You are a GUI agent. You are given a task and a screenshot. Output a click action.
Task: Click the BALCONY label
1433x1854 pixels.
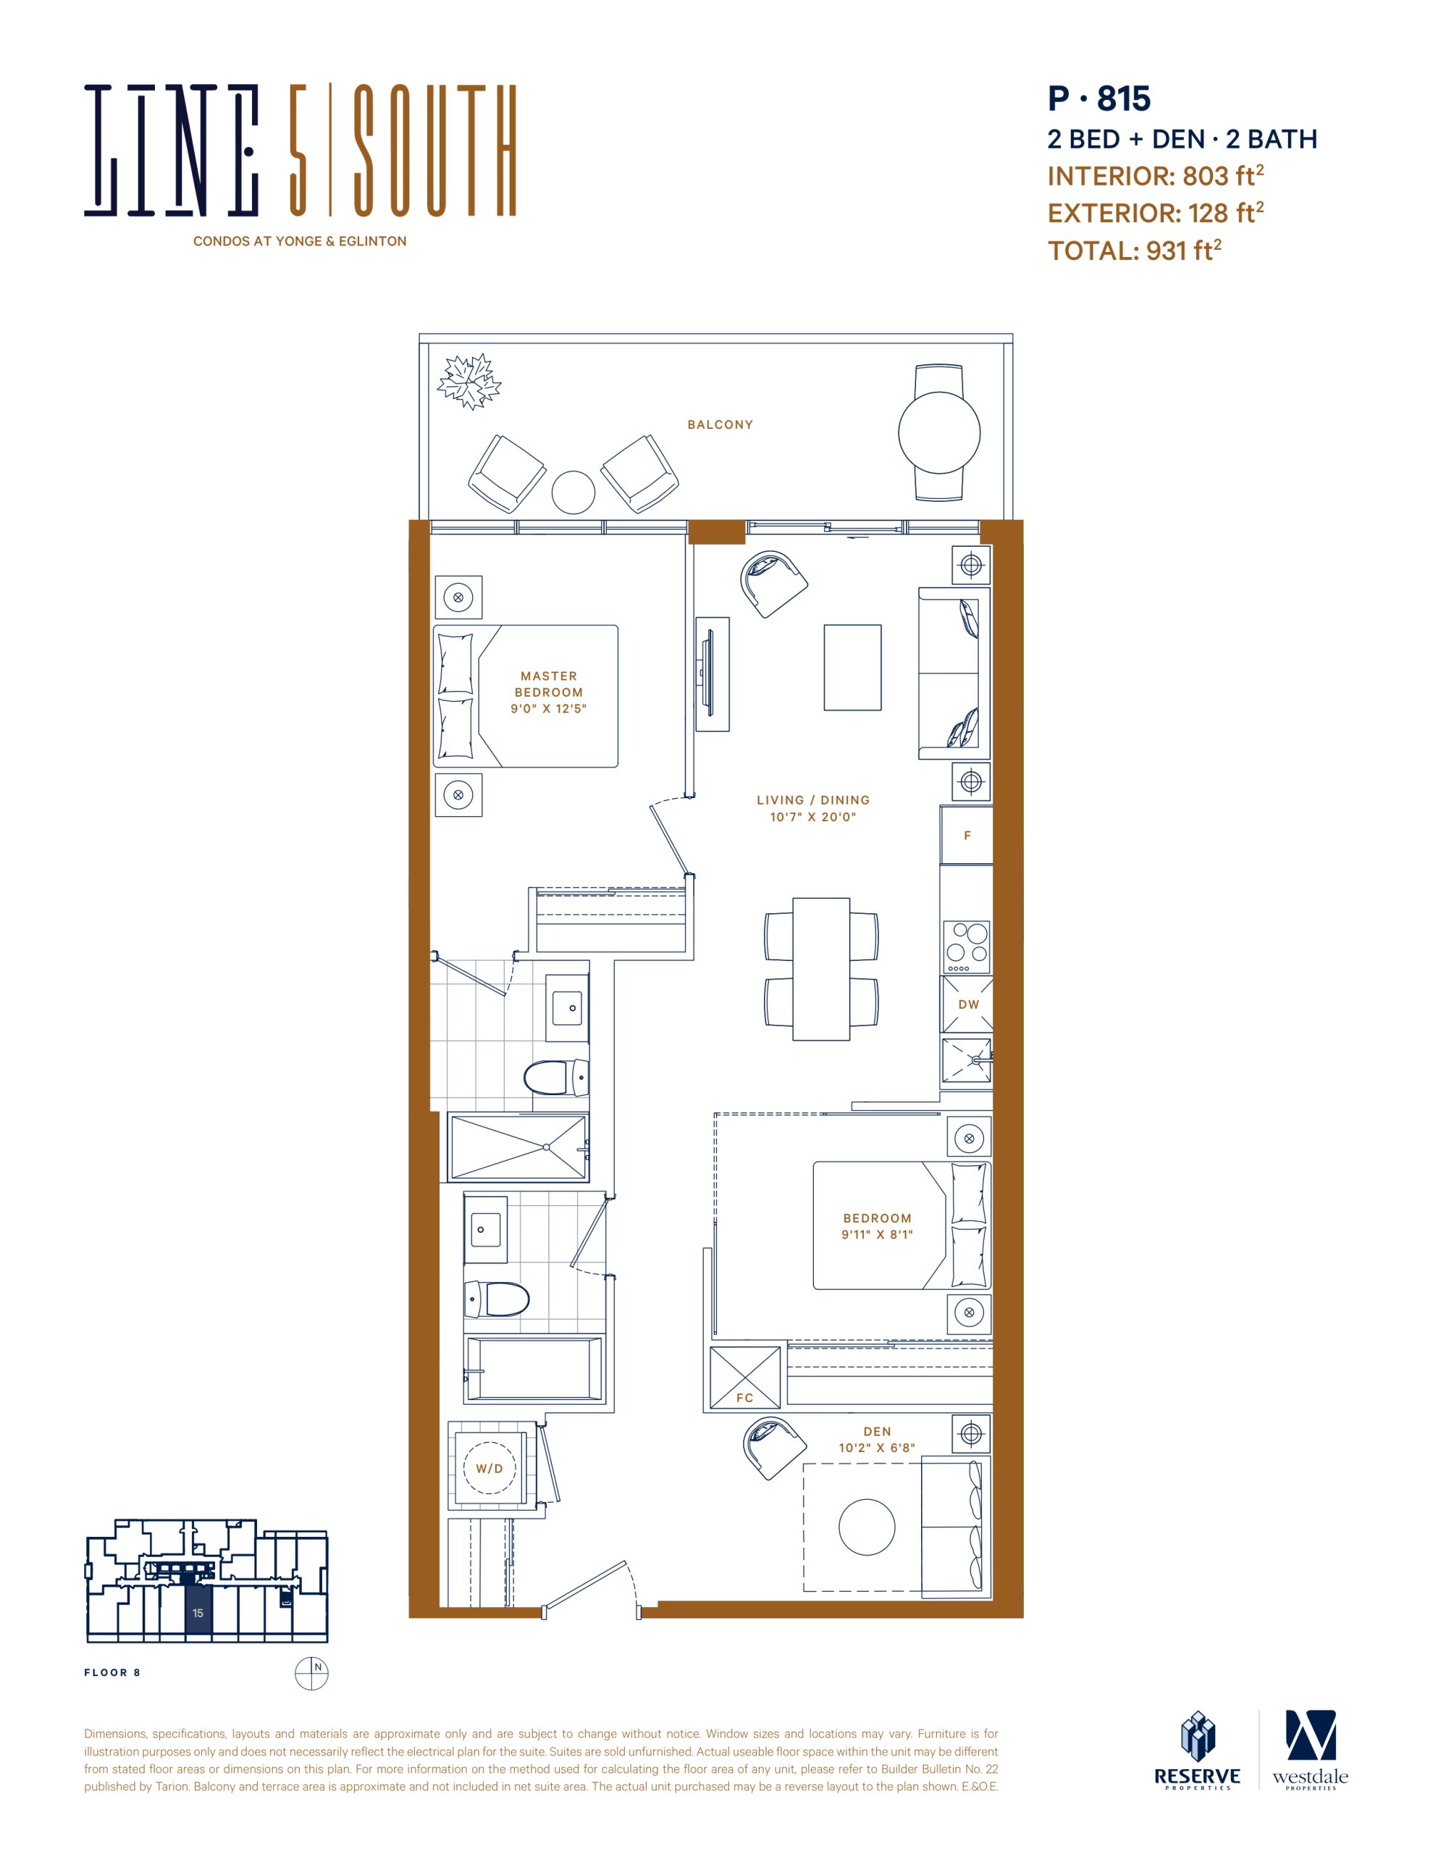[x=720, y=424]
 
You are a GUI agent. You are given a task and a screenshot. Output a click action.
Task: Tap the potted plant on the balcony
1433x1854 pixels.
[x=468, y=381]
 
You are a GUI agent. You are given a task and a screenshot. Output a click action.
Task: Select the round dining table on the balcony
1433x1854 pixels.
[x=939, y=432]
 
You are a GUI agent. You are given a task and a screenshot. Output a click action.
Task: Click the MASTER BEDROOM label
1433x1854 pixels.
[x=548, y=684]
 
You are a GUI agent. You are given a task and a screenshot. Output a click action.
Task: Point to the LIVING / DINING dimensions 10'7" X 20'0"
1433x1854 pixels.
[x=813, y=818]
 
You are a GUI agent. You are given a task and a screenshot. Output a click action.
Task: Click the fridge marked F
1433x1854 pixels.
[x=966, y=835]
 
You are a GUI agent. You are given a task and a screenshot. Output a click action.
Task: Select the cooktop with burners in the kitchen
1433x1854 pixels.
[x=967, y=947]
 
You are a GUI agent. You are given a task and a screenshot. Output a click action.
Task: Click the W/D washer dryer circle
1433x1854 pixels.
[x=489, y=1469]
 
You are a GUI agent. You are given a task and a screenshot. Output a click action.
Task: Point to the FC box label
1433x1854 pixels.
[x=744, y=1397]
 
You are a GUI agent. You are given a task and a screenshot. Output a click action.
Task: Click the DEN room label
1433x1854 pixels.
[x=877, y=1431]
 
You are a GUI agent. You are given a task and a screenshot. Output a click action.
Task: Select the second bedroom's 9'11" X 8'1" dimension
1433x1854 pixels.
[x=877, y=1234]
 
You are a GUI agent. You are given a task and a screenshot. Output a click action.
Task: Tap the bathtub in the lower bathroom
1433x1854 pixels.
[x=534, y=1369]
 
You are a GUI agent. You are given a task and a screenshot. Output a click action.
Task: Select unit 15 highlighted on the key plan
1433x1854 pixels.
[x=198, y=1612]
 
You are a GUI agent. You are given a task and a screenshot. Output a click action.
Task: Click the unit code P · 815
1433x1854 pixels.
[x=1098, y=98]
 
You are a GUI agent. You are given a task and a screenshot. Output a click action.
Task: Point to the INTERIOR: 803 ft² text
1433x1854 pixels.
[x=1156, y=176]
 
